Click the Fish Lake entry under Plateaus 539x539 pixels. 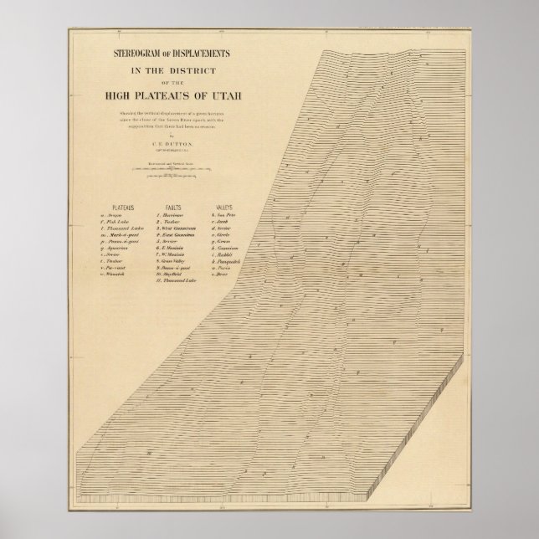117,221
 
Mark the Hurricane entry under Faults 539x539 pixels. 172,214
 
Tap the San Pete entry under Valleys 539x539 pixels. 224,214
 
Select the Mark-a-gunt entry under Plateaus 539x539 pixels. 119,235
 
